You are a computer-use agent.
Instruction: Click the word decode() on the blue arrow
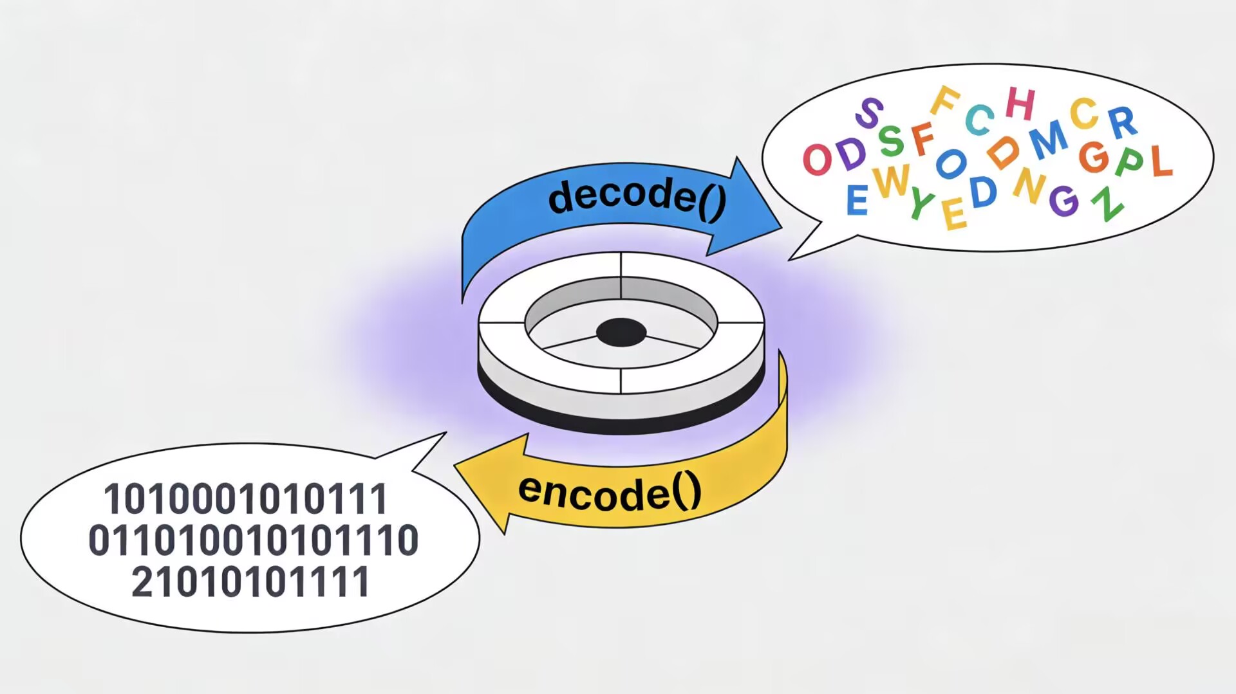point(637,197)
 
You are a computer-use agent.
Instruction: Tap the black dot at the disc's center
point(621,332)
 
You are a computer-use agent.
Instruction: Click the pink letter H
point(1020,104)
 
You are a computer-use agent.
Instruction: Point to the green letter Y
point(922,205)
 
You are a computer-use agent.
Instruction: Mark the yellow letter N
point(1029,185)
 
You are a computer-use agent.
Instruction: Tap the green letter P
point(1130,162)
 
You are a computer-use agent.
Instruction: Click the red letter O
point(818,159)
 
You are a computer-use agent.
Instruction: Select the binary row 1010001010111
point(245,499)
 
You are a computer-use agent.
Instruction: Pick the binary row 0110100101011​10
point(253,540)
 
